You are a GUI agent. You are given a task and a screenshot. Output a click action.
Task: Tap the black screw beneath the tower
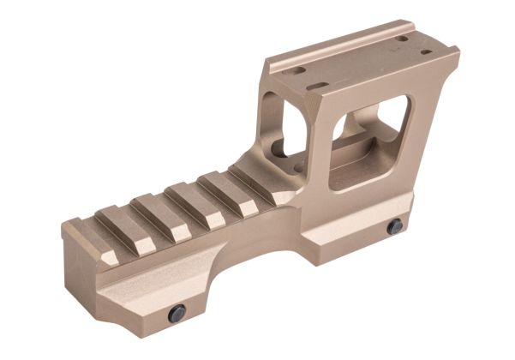click(x=394, y=227)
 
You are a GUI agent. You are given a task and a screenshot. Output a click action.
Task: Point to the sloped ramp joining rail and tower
click(x=257, y=171)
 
